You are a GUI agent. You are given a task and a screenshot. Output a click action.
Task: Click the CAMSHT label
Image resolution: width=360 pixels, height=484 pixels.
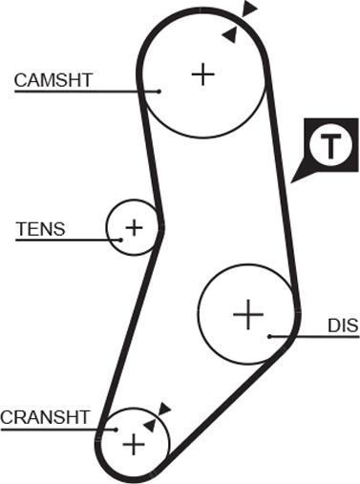[53, 80]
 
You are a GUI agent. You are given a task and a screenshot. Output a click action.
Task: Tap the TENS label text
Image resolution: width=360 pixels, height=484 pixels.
[40, 229]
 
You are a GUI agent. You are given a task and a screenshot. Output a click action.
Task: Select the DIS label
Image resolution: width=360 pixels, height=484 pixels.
[343, 326]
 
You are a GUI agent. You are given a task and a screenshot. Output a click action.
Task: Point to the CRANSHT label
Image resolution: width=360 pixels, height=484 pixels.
[45, 417]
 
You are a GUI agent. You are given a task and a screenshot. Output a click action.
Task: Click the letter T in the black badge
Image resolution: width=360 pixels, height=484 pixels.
[330, 147]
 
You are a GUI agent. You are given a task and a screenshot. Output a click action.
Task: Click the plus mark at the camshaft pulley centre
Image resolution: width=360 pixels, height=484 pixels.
[203, 74]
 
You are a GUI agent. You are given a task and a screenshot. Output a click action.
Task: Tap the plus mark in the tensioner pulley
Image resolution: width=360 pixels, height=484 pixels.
[134, 227]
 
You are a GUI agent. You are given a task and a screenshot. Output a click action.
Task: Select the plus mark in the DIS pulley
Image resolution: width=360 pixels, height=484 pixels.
[248, 314]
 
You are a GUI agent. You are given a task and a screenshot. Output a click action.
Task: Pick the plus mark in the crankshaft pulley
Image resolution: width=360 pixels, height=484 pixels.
[134, 445]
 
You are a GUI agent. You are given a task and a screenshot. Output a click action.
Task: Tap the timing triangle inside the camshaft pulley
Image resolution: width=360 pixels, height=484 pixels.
[230, 34]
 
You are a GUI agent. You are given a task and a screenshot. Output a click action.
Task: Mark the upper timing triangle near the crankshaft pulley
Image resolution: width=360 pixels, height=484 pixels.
[164, 409]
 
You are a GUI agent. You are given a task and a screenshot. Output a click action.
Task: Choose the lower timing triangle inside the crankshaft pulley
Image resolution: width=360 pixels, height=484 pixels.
[150, 425]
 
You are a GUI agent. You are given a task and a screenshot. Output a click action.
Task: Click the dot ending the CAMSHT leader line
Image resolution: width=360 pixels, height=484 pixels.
[159, 92]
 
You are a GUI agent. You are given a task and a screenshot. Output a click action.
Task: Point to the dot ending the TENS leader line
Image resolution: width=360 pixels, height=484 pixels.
[121, 240]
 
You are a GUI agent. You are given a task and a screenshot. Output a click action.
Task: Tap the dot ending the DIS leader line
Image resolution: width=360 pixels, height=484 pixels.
[269, 336]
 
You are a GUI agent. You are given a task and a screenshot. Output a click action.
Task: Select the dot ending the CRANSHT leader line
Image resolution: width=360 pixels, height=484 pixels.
[116, 430]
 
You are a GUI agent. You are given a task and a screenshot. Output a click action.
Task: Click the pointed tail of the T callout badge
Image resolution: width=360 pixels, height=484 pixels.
[291, 182]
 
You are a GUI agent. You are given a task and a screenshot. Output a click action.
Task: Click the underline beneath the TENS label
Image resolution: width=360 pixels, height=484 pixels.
[68, 240]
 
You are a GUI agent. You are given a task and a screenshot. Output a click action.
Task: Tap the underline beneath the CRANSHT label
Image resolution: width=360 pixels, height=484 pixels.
[58, 430]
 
